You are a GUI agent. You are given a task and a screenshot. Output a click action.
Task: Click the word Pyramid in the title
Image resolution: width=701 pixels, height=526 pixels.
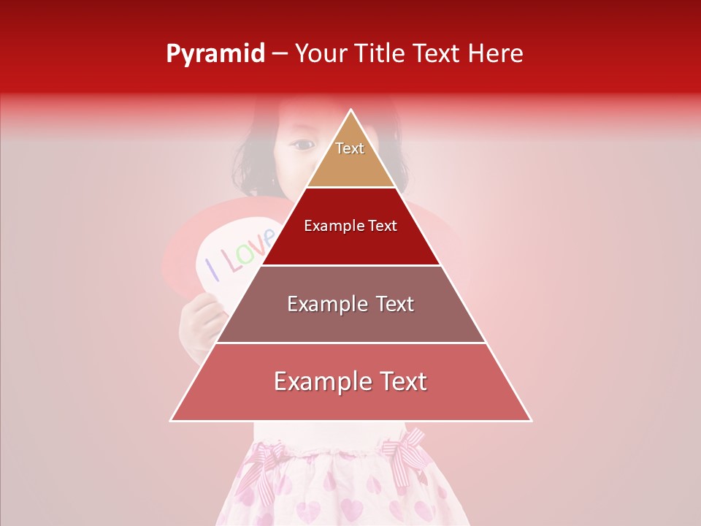(x=215, y=54)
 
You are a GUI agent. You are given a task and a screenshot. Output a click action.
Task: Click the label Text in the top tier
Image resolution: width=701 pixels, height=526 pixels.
(x=350, y=148)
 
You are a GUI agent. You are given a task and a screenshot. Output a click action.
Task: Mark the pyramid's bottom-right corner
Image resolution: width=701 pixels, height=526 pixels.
(x=530, y=420)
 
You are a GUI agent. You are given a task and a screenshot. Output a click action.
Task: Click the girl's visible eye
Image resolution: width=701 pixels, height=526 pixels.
(x=302, y=145)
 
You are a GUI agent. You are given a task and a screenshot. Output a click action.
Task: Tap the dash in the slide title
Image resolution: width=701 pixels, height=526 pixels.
(x=280, y=54)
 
